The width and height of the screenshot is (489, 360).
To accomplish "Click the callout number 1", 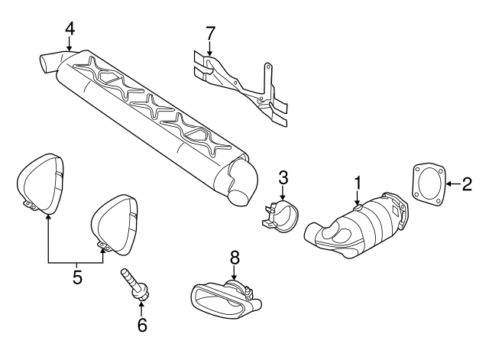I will click(x=356, y=183).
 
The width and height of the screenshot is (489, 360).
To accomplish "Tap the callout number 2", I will click(x=466, y=183).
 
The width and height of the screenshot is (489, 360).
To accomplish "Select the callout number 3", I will click(x=283, y=178).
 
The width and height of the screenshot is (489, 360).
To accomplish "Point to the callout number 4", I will click(x=70, y=28).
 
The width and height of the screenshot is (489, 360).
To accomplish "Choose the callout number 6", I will click(x=141, y=325).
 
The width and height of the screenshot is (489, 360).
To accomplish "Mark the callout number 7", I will click(x=210, y=34).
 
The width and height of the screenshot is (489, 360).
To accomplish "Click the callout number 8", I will click(x=235, y=258).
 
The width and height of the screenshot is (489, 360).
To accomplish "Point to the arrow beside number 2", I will click(x=451, y=183).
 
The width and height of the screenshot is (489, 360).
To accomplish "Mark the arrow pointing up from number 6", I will click(x=141, y=307).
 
